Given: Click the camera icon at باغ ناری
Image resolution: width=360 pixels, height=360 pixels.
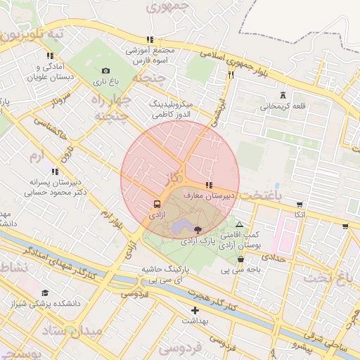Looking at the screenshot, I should (105, 70).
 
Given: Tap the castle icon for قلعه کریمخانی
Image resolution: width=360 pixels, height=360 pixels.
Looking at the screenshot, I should (283, 95).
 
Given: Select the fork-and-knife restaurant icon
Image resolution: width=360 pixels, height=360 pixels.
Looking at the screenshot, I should (230, 75).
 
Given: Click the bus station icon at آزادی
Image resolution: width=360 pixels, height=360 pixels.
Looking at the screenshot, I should (155, 205).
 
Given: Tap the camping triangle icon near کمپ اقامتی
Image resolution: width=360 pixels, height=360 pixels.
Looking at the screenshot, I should (239, 224).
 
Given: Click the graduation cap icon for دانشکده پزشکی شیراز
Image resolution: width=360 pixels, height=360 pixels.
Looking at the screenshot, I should (46, 292).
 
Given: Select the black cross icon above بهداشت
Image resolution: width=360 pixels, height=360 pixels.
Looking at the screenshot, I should (195, 310).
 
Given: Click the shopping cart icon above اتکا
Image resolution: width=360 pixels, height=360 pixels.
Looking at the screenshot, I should (300, 205).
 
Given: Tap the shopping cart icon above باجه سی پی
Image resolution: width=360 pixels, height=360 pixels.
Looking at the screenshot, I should (241, 259).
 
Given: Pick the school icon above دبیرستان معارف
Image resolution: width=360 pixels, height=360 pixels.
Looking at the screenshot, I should (209, 184).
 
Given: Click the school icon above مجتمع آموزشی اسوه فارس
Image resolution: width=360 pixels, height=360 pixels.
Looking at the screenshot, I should (149, 40).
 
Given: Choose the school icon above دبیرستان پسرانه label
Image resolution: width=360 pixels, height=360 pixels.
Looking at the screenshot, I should (55, 171).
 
